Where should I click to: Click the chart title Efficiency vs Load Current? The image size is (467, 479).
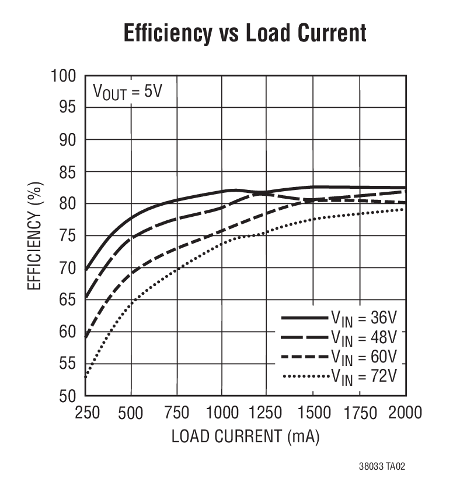245,33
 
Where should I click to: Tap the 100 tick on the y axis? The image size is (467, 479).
65,76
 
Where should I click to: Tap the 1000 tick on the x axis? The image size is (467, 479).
222,413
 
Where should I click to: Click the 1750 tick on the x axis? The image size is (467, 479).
360,413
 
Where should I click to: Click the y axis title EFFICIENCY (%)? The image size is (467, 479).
35,236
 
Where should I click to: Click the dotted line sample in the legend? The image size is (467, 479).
305,376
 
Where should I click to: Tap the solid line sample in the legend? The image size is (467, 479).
305,318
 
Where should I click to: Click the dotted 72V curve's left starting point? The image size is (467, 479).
86,377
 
